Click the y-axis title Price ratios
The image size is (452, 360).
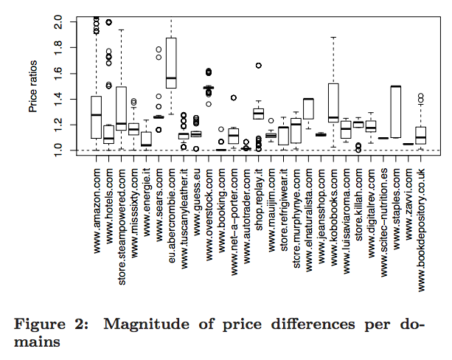(x=33, y=86)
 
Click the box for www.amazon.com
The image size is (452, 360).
(x=96, y=117)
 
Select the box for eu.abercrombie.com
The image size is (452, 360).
(x=172, y=63)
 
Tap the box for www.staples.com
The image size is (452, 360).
(x=396, y=111)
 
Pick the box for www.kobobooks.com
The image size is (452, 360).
(x=333, y=103)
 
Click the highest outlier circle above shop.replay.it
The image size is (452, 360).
(x=258, y=66)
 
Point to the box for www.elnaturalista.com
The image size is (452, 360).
(x=308, y=108)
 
